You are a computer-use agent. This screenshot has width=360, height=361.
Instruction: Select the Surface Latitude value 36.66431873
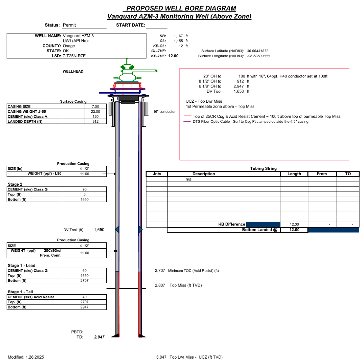pyautogui.click(x=258, y=51)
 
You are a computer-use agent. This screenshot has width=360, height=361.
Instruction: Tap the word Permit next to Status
pyautogui.click(x=69, y=25)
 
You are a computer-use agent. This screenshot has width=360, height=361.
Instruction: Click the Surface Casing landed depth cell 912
pyautogui.click(x=95, y=121)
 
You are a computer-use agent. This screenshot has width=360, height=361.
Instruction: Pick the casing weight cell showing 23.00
pyautogui.click(x=95, y=112)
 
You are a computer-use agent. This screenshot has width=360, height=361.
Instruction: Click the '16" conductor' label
pyautogui.click(x=164, y=112)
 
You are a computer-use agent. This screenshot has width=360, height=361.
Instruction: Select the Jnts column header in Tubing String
pyautogui.click(x=157, y=174)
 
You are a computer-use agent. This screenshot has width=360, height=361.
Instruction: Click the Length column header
pyautogui.click(x=294, y=174)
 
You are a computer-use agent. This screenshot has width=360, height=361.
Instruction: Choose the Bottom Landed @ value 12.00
pyautogui.click(x=294, y=230)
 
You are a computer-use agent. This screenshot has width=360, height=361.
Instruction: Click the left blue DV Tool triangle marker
pyautogui.click(x=117, y=229)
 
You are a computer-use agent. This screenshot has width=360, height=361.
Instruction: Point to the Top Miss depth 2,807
pyautogui.click(x=160, y=285)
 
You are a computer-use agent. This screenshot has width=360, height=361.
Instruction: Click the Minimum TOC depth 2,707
pyautogui.click(x=160, y=270)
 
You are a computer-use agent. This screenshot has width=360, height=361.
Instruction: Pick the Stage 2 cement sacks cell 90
pyautogui.click(x=84, y=189)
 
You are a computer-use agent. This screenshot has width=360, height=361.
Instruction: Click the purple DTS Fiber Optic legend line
pyautogui.click(x=187, y=121)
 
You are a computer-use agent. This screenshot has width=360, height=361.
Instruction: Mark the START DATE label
pyautogui.click(x=131, y=25)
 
